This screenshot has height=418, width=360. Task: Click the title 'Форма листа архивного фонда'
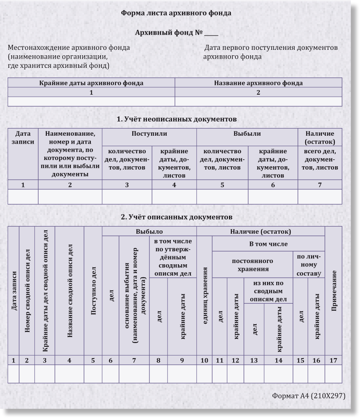[176, 13]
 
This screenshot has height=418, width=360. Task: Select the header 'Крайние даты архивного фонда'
[91, 83]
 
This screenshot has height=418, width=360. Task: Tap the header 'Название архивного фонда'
[258, 83]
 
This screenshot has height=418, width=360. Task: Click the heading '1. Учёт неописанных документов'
[177, 119]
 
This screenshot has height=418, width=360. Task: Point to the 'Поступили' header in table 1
[149, 134]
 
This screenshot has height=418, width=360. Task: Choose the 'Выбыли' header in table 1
[247, 134]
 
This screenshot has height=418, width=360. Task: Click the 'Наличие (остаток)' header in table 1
[320, 137]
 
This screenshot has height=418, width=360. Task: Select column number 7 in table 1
[320, 185]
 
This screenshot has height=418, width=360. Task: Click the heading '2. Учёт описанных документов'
[176, 217]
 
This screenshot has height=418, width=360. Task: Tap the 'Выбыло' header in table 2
[149, 231]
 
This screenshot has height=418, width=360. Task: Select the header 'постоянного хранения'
[252, 265]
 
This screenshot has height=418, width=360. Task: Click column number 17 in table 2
[334, 360]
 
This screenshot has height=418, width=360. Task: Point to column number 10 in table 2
[204, 360]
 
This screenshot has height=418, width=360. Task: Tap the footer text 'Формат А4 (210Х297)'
[309, 395]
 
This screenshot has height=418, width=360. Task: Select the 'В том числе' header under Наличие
[268, 244]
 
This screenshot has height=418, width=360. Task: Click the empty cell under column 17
[334, 374]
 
